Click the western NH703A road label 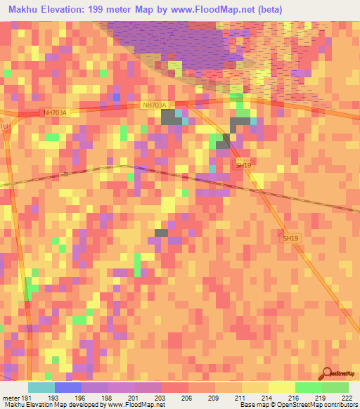[54, 112]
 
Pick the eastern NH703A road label [154, 105]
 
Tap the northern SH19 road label [243, 165]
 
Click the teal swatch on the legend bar [41, 387]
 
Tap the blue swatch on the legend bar [67, 387]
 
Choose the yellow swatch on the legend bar [281, 387]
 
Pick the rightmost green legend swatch [335, 387]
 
